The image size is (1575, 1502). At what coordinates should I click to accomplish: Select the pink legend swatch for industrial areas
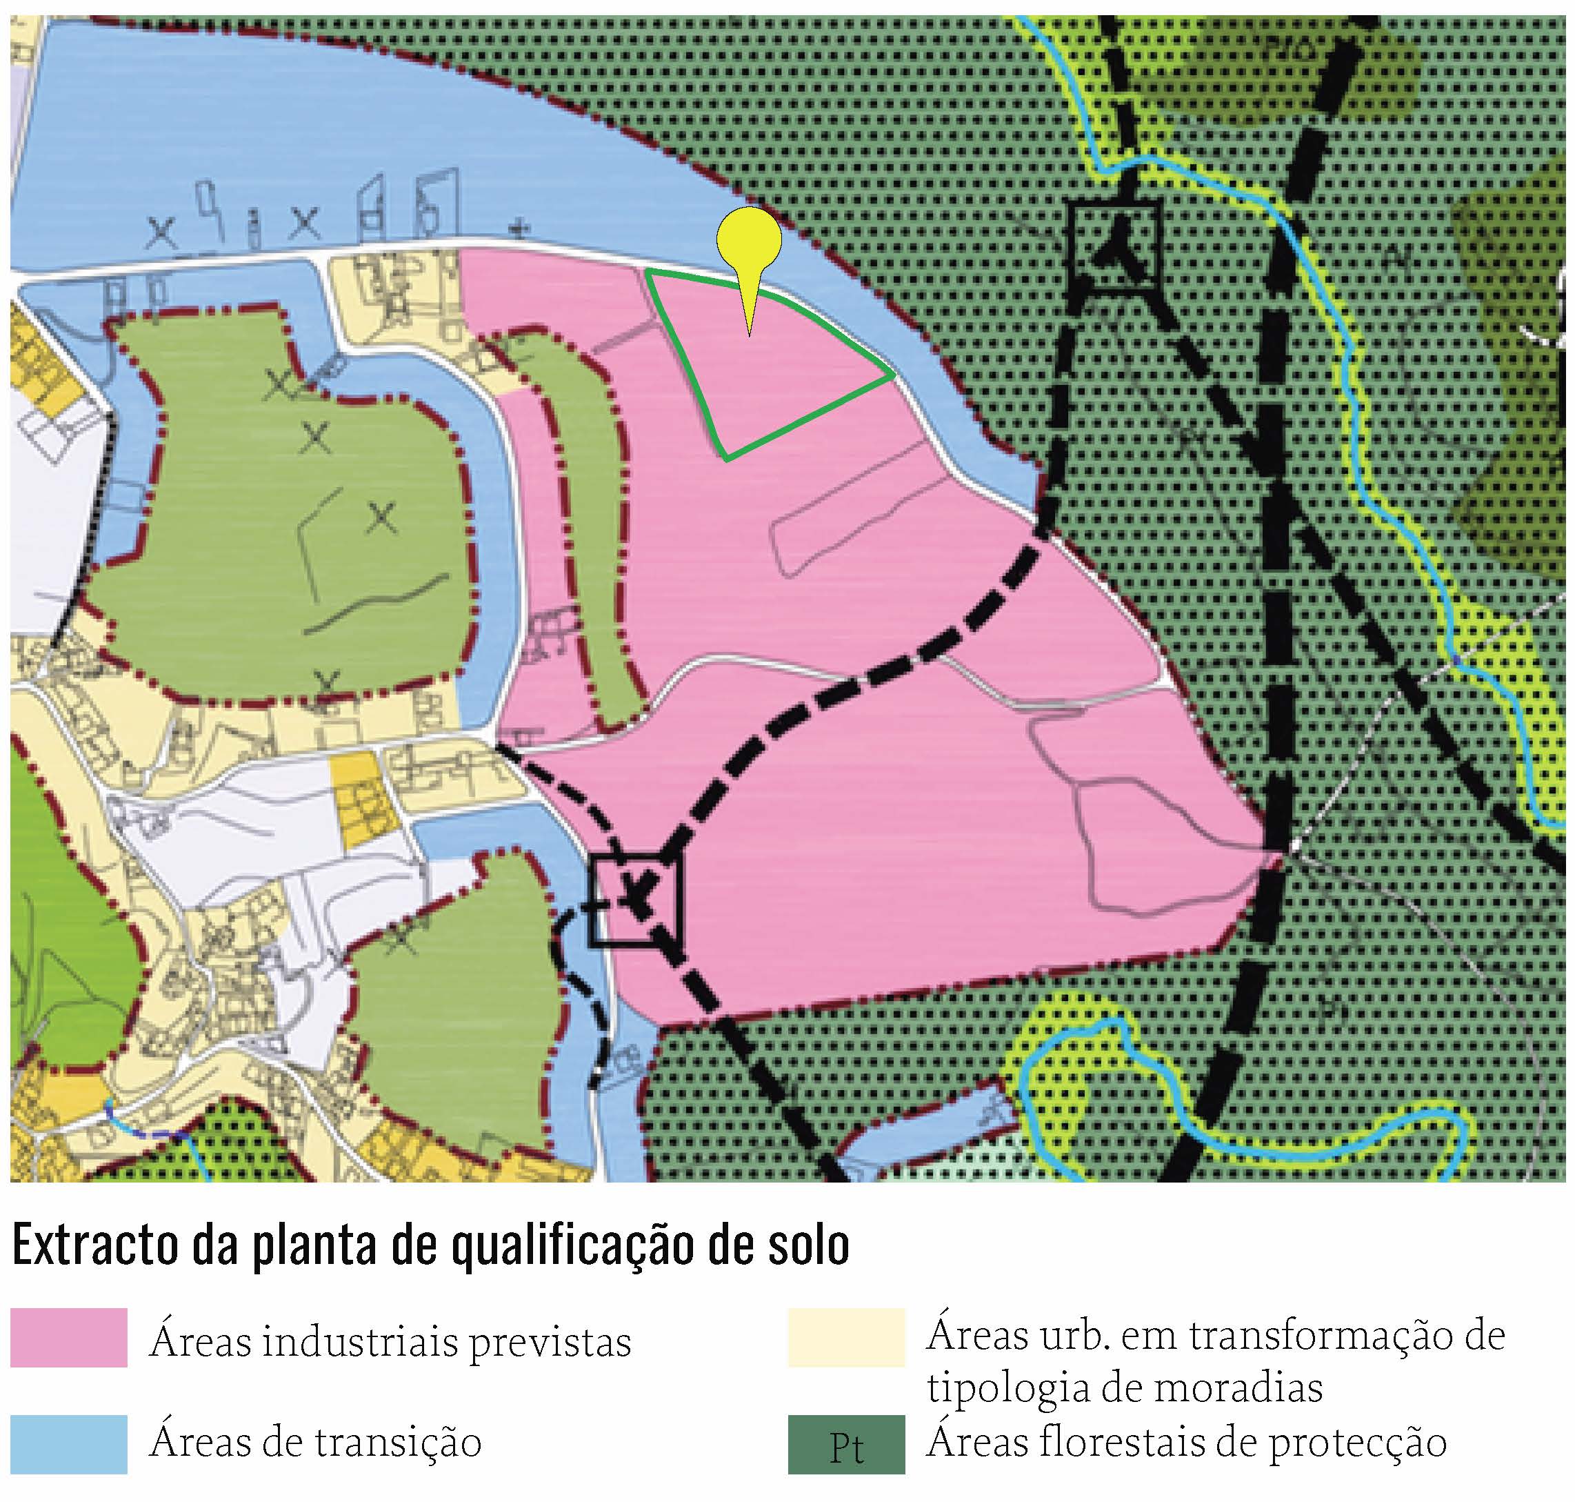[x=69, y=1337]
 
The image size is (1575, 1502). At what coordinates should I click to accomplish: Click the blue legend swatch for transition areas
[x=69, y=1443]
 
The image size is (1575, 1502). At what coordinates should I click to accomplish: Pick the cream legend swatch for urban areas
[x=846, y=1337]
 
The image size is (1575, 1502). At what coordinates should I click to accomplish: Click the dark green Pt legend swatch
[x=846, y=1443]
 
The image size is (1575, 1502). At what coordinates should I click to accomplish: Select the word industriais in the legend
[x=359, y=1341]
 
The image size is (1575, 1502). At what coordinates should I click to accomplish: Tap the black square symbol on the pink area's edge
[x=634, y=899]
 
